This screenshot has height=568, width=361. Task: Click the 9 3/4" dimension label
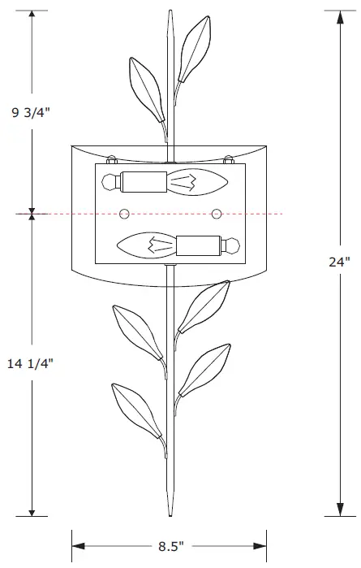(x=31, y=114)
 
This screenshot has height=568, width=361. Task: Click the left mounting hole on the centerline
(x=124, y=213)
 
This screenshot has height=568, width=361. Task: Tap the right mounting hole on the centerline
(x=216, y=213)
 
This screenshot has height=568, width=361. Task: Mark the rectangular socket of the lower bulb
(x=198, y=243)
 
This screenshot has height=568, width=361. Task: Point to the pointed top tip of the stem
(x=170, y=14)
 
